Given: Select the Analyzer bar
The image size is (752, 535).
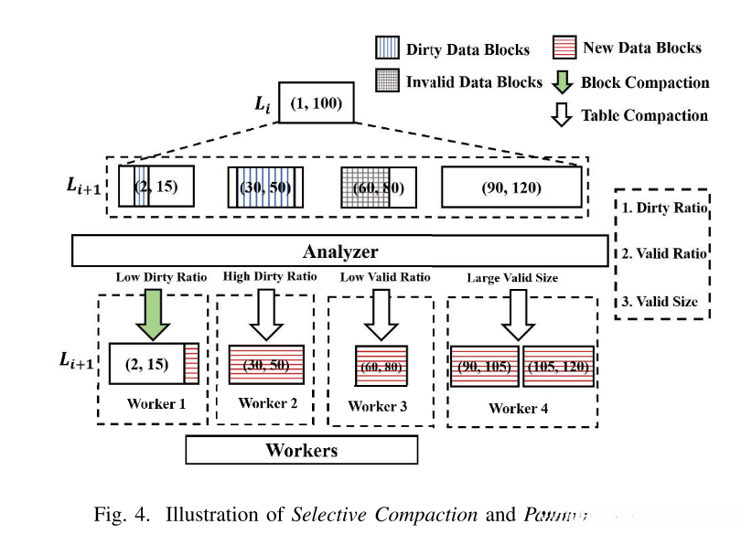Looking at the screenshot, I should [x=339, y=251].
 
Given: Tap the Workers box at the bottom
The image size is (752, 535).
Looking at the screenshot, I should [x=302, y=449].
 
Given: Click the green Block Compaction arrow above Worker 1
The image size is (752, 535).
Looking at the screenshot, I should [x=153, y=313].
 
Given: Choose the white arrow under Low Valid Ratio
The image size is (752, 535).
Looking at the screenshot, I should [x=379, y=313].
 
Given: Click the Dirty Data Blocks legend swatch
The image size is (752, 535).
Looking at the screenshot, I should [x=388, y=48].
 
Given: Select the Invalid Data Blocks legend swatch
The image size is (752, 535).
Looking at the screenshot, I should [x=388, y=80].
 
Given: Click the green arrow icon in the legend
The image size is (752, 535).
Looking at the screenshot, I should [x=564, y=81].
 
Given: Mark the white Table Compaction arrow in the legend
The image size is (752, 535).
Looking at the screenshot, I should [x=564, y=114].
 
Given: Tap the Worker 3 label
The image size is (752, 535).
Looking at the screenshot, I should [x=378, y=405].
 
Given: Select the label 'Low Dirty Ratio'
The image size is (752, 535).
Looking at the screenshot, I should [x=161, y=277].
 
